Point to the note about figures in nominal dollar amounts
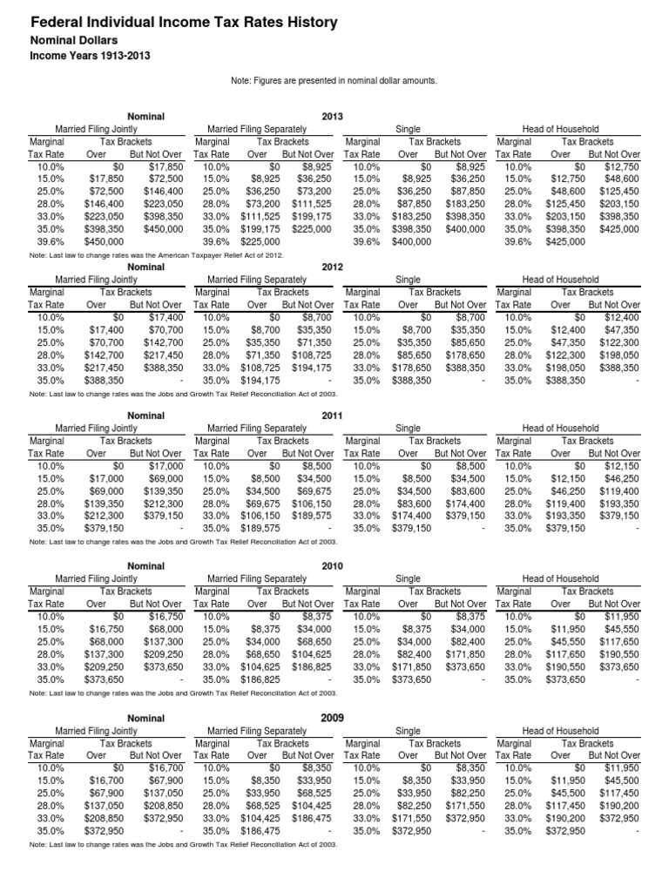tap(334, 81)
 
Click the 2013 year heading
tap(333, 115)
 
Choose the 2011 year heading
tap(333, 416)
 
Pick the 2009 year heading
tap(333, 716)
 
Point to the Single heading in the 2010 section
tap(408, 579)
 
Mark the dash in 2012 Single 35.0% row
tap(483, 381)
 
